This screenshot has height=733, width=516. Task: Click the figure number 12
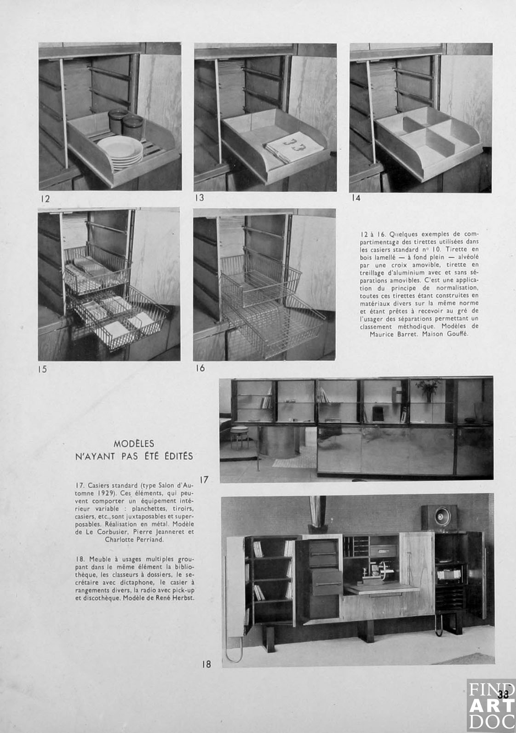coord(45,199)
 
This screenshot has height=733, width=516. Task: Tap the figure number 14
coord(355,198)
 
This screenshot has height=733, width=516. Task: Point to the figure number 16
coord(200,368)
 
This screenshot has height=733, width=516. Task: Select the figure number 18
coord(206,664)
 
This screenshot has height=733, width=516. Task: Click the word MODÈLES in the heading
coord(134,444)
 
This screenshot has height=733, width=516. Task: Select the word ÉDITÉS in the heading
coord(176,456)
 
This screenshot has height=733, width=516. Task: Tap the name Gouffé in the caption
coord(457,334)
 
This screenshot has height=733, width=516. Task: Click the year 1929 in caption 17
coord(105,493)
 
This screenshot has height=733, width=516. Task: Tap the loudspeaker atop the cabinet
coord(439,517)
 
